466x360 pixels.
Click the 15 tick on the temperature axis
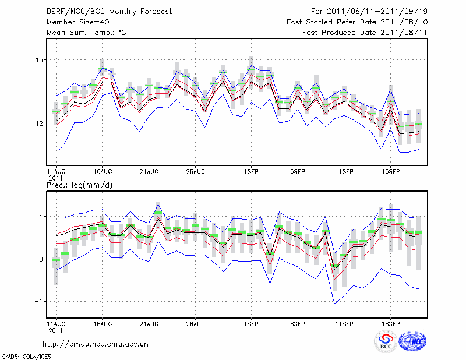(39, 60)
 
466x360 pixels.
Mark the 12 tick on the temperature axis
(39, 123)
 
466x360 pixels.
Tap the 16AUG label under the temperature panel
(103, 172)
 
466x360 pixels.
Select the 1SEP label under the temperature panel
(251, 172)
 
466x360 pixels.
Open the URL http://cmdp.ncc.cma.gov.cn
(96, 344)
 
